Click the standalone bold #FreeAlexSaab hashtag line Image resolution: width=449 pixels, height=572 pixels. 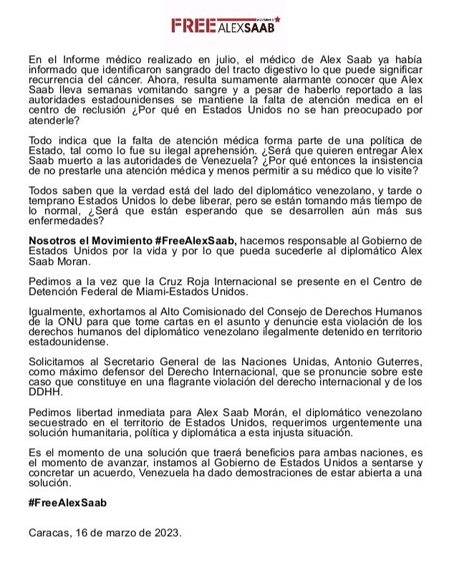67,502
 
